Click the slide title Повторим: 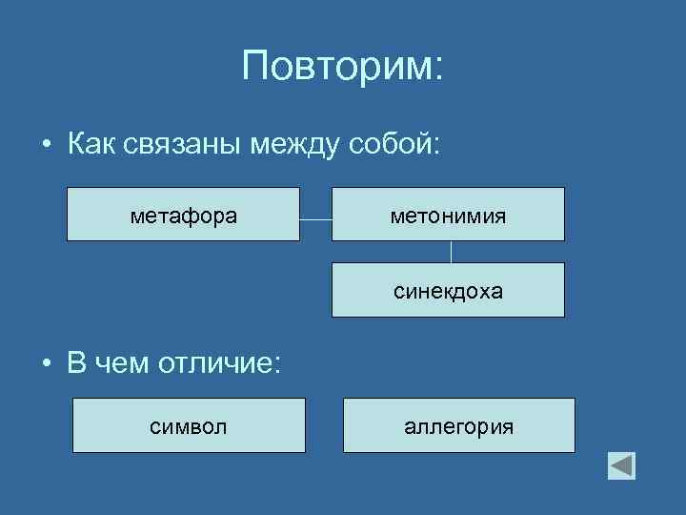[342, 67]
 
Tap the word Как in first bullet [91, 145]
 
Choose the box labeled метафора [183, 214]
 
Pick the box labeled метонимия [448, 214]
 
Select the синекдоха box [448, 289]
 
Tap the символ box [189, 425]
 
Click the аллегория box [458, 425]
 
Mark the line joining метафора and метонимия [315, 220]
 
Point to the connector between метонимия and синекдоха [451, 252]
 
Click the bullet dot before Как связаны [46, 147]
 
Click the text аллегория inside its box [458, 426]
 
